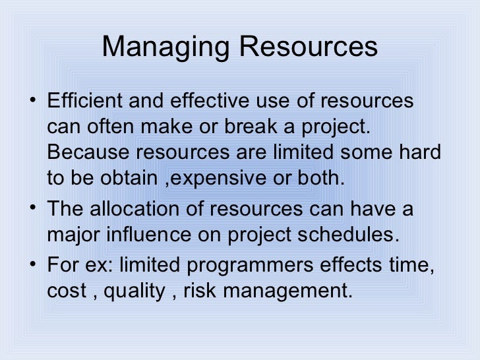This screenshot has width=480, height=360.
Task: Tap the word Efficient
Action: pyautogui.click(x=84, y=102)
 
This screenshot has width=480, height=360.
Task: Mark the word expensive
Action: pyautogui.click(x=211, y=177)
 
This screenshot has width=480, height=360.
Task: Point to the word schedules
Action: pyautogui.click(x=360, y=235)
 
